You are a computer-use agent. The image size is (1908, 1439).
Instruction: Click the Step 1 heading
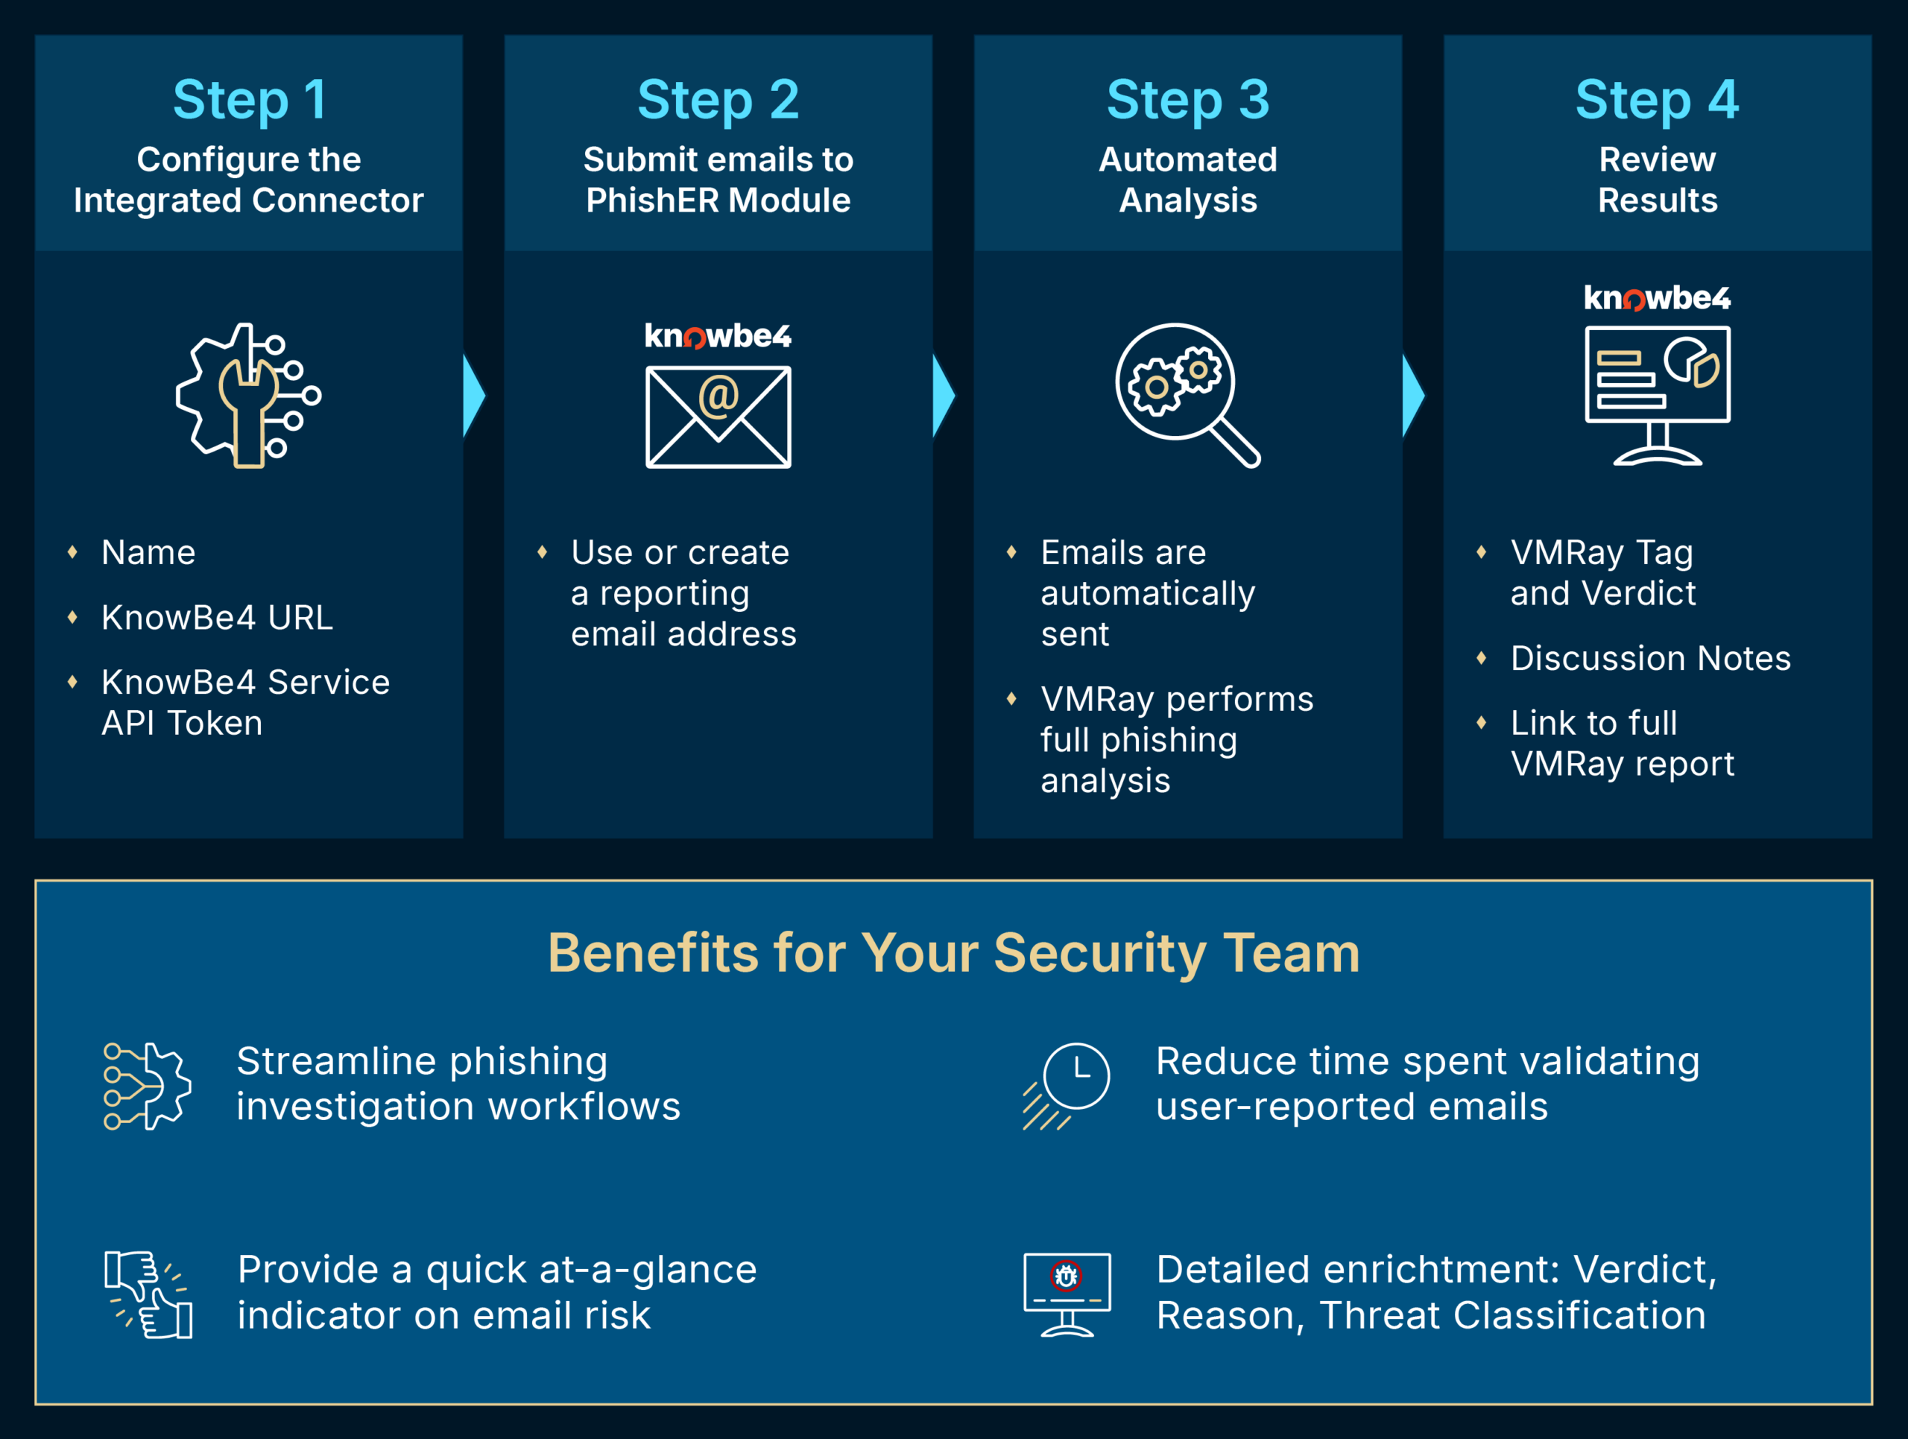point(249,100)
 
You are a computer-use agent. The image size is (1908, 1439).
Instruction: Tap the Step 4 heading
point(1656,100)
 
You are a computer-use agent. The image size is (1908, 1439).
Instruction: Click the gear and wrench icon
point(248,396)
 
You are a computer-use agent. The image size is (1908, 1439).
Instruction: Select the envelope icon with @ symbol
point(718,417)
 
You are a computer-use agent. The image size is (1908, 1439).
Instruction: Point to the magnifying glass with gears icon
point(1187,395)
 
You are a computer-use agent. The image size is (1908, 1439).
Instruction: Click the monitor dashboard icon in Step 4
point(1657,395)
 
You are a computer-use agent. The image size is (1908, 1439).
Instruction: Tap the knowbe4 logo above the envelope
point(718,336)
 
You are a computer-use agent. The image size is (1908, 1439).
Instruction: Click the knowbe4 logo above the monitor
point(1657,298)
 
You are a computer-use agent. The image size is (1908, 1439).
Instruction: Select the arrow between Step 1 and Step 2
point(473,396)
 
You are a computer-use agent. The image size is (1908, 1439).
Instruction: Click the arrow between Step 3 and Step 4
point(1413,396)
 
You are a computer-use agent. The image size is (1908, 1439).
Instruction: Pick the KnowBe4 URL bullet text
point(216,617)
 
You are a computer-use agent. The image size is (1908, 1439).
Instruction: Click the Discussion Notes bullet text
point(1650,658)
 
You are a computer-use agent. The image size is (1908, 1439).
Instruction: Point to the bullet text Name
point(148,553)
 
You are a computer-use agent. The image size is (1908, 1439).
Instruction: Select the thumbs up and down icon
point(148,1294)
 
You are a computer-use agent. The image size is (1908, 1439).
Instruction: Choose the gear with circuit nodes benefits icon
point(148,1086)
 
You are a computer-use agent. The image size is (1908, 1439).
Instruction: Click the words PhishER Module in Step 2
point(718,200)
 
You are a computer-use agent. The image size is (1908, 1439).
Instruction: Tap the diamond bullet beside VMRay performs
point(1011,698)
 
